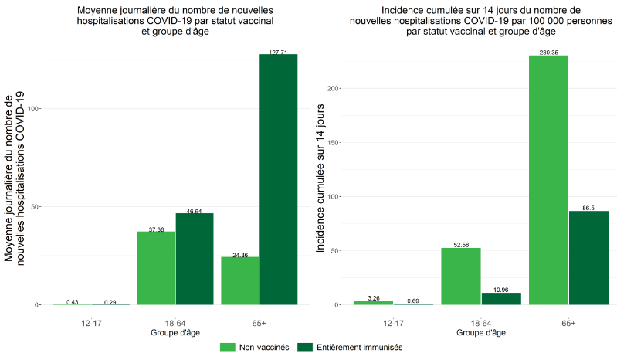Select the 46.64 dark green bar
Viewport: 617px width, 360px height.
click(195, 259)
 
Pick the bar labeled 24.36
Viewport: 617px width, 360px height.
click(240, 280)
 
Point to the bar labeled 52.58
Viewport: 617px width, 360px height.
click(461, 276)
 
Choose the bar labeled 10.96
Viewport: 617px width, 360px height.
click(500, 298)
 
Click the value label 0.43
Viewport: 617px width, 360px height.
click(73, 301)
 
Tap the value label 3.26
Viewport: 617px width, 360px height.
click(374, 297)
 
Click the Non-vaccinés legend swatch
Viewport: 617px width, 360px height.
click(228, 348)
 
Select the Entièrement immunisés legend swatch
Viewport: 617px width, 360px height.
click(303, 348)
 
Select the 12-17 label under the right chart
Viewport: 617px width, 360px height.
click(393, 322)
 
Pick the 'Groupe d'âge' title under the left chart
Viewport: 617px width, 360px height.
click(175, 333)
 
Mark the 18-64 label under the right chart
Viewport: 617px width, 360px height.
click(480, 322)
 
